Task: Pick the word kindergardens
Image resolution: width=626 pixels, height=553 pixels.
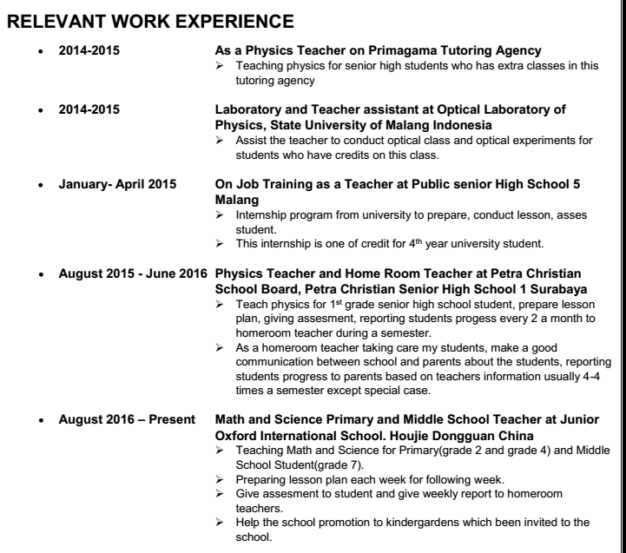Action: [403, 523]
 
